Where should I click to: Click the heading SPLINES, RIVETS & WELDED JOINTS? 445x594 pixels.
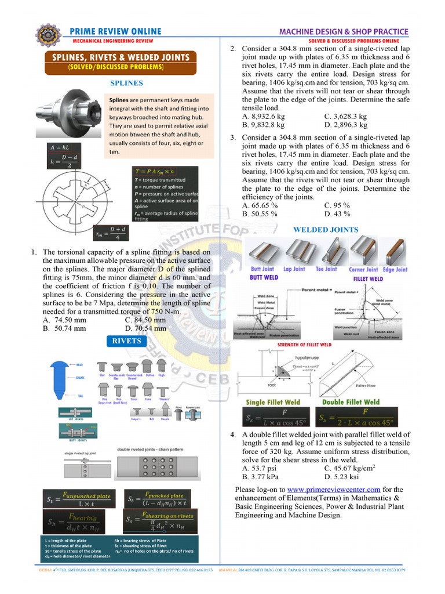tap(121, 57)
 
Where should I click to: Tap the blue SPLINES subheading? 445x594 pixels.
tap(126, 83)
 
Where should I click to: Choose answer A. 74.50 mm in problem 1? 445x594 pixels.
tap(64, 320)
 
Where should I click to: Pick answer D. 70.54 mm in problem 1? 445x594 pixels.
tap(145, 328)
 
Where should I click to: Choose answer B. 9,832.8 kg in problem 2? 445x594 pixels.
tap(264, 125)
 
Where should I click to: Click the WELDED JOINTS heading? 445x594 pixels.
tap(326, 230)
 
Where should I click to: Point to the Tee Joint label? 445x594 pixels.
tap(326, 269)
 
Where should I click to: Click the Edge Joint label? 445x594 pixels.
tap(395, 270)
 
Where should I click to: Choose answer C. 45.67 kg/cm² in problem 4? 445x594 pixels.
tap(350, 468)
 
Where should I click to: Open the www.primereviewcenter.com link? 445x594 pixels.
tap(334, 490)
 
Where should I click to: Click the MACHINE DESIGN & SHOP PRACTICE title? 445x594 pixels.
tap(344, 32)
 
